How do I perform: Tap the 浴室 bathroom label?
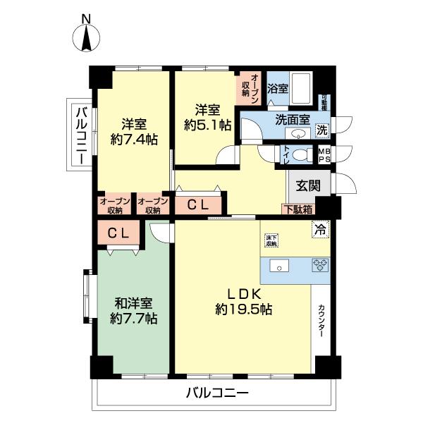[277, 89]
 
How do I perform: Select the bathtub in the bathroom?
[303, 88]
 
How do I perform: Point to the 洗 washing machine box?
[321, 130]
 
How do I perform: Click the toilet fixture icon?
[302, 155]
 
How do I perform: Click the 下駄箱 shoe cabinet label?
[299, 209]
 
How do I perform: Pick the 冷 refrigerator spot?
[319, 228]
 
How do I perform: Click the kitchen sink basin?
[278, 266]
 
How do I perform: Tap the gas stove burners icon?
[320, 266]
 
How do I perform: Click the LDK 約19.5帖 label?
[244, 301]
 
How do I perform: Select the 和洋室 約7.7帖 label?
[134, 311]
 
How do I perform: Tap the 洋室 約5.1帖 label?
[207, 118]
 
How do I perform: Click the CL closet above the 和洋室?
[118, 234]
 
